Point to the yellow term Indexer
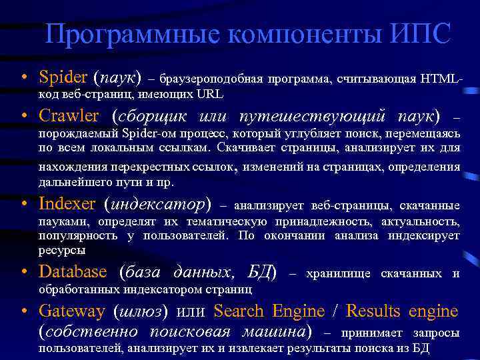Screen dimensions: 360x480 tap(67, 203)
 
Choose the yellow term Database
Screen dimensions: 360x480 tap(73, 272)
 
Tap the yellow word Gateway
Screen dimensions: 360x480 tap(72, 311)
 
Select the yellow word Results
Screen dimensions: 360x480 tap(373, 311)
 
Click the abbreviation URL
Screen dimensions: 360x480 tap(210, 94)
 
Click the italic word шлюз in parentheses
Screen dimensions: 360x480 tap(141, 311)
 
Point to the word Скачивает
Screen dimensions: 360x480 tap(247, 147)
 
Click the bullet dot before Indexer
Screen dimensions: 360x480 tap(23, 203)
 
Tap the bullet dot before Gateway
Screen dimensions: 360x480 tap(23, 311)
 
